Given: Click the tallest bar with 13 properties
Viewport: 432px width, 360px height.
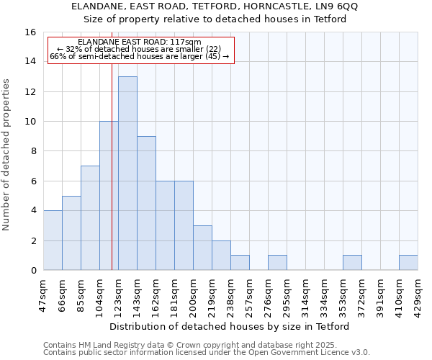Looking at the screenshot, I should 127,173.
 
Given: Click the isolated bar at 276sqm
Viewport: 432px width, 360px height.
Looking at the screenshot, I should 277,263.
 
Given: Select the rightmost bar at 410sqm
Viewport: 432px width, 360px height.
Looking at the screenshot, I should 408,263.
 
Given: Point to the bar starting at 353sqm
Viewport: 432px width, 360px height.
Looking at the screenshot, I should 352,263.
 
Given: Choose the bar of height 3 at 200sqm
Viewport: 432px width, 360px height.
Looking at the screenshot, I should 202,248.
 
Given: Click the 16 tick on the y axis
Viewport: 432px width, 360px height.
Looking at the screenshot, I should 30,32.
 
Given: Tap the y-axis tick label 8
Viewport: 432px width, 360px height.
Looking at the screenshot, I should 33,151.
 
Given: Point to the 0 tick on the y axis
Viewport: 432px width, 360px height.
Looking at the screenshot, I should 33,270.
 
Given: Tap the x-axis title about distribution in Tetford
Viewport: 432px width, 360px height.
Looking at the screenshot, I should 230,326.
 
